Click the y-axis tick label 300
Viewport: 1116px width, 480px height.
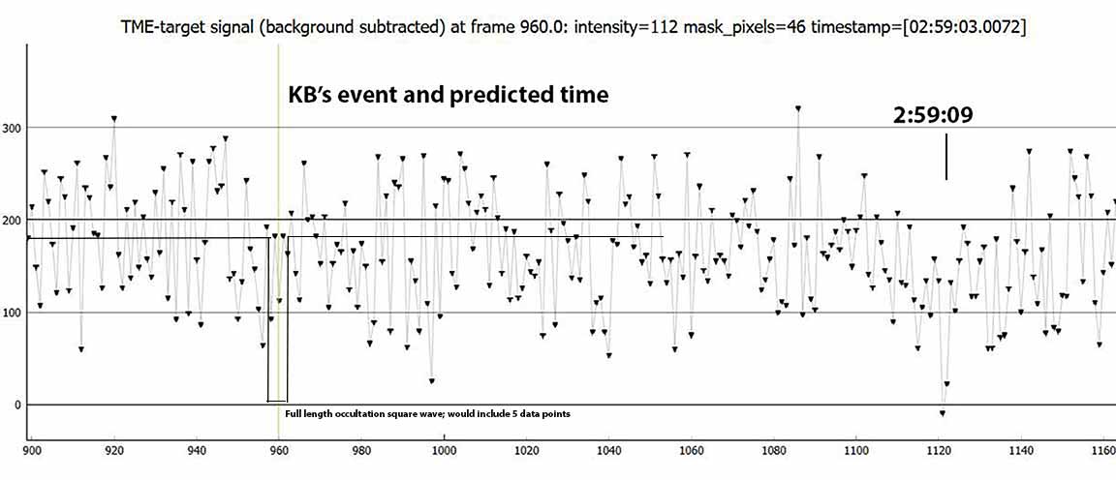tap(12, 128)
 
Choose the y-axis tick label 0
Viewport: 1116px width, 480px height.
tap(17, 405)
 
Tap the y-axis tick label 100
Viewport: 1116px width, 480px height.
tap(12, 313)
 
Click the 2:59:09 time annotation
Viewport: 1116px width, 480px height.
tap(933, 117)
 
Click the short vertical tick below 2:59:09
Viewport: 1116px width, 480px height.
tap(946, 157)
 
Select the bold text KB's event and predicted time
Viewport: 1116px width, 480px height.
tap(448, 95)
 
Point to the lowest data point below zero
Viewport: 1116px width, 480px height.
tap(943, 413)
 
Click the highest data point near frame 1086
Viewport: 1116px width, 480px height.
tap(798, 108)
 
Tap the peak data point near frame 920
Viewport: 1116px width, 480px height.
tap(114, 119)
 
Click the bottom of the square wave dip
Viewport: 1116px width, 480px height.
tap(278, 401)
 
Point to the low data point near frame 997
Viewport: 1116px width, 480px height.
tap(431, 381)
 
